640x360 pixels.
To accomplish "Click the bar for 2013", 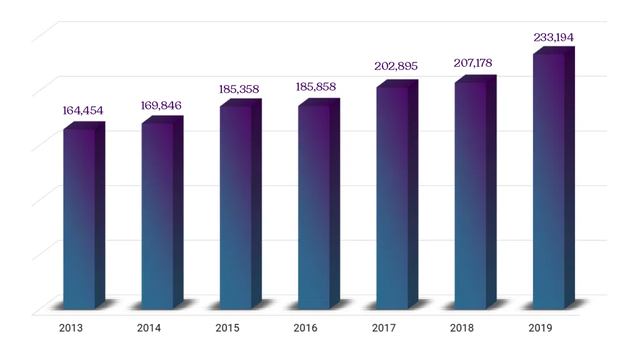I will click(x=79, y=219).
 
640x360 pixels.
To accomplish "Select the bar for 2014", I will click(x=157, y=216).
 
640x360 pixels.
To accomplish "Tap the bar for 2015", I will click(x=236, y=207).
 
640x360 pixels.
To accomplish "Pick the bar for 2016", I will click(x=314, y=207).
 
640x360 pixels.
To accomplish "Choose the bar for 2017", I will click(x=392, y=197).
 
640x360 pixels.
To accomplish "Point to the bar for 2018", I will click(x=470, y=196).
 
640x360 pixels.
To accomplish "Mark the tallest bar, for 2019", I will click(x=548, y=181).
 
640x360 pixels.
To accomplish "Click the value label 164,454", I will click(x=82, y=111).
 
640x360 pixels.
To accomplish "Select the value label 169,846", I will click(x=161, y=105).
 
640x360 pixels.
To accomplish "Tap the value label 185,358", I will click(x=239, y=89).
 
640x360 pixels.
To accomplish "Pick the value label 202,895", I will click(x=396, y=66).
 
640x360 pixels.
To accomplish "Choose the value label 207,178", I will click(x=474, y=63).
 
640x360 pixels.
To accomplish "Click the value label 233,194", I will click(x=553, y=37).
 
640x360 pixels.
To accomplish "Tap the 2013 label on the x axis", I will click(x=71, y=328).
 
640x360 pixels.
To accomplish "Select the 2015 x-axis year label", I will click(x=227, y=328).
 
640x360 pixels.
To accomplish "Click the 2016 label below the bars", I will click(x=305, y=328).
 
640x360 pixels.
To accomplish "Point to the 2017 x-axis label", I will click(x=383, y=328).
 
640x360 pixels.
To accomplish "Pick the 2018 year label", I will click(x=462, y=328).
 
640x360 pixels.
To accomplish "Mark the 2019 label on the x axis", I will click(x=540, y=328).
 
